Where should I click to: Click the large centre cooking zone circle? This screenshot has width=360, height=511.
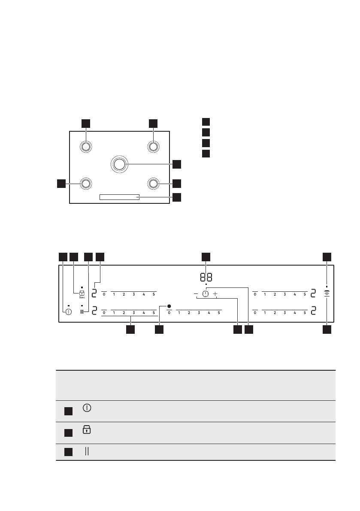[119, 164]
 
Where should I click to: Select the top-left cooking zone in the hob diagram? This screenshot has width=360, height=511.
[85, 146]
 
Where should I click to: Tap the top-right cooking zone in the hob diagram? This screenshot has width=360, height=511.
[153, 146]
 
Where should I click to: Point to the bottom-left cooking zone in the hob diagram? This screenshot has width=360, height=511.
[85, 184]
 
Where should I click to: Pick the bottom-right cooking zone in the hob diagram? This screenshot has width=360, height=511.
[153, 184]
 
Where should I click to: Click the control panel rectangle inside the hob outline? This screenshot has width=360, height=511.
[119, 197]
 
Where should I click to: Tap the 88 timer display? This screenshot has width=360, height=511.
[206, 277]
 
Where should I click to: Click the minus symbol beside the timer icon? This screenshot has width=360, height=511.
[196, 294]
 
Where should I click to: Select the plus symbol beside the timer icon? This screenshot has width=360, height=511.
[215, 294]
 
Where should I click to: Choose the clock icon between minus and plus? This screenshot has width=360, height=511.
[206, 294]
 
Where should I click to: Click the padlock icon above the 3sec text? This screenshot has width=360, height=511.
[82, 293]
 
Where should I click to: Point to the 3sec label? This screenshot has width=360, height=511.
[82, 297]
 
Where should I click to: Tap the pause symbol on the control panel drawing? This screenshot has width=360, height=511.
[82, 312]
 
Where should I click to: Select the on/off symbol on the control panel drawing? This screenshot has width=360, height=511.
[68, 312]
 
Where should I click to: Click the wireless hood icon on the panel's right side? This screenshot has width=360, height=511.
[327, 293]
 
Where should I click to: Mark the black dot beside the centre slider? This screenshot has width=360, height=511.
[169, 306]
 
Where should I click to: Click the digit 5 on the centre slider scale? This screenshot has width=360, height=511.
[219, 313]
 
